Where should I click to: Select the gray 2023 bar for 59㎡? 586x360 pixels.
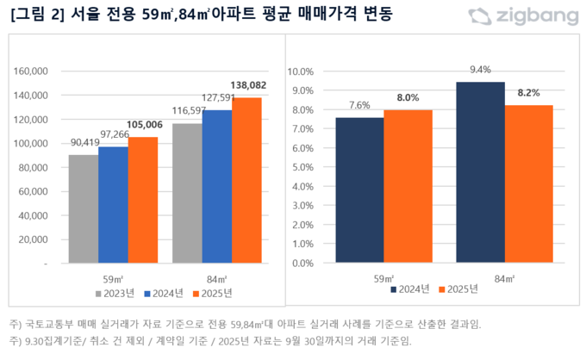click(84, 208)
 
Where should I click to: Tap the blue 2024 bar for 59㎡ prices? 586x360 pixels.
click(113, 204)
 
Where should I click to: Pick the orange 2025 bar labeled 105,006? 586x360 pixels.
click(143, 200)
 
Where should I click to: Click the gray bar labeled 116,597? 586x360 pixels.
click(187, 192)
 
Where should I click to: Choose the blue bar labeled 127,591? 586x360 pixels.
click(217, 185)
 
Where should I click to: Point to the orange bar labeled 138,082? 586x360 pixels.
click(246, 180)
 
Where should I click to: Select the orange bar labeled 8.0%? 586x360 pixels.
click(408, 186)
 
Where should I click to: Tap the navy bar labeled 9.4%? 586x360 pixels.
click(481, 172)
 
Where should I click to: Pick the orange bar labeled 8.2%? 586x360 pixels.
click(529, 184)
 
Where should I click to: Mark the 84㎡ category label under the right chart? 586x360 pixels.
click(506, 278)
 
